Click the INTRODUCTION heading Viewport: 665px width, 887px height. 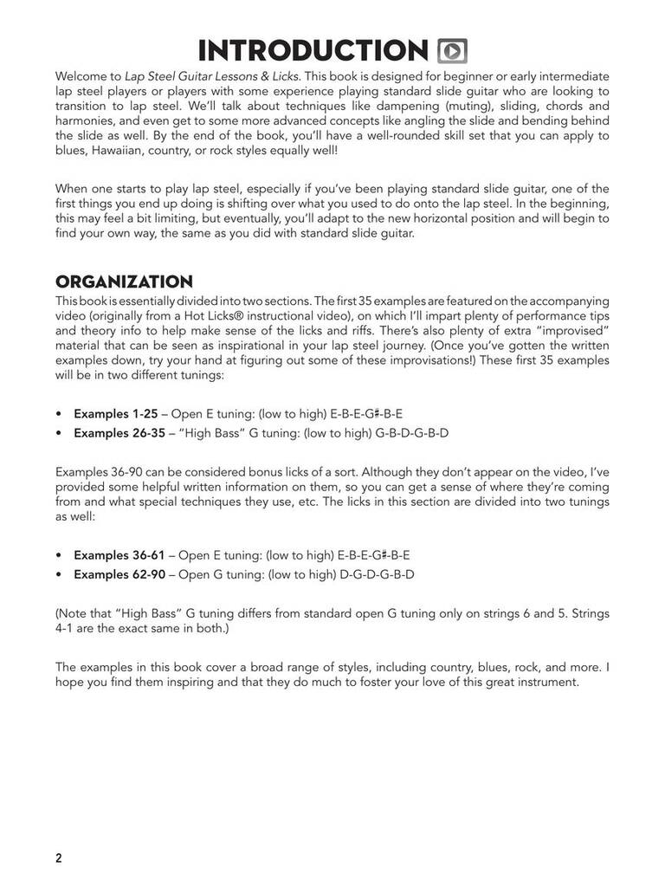coord(313,50)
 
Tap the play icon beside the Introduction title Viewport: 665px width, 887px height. coord(454,51)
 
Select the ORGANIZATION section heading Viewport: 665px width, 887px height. coord(124,282)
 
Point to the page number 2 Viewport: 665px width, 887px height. coord(59,858)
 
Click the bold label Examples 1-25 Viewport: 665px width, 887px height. coord(115,414)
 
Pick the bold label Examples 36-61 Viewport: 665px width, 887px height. coord(119,554)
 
